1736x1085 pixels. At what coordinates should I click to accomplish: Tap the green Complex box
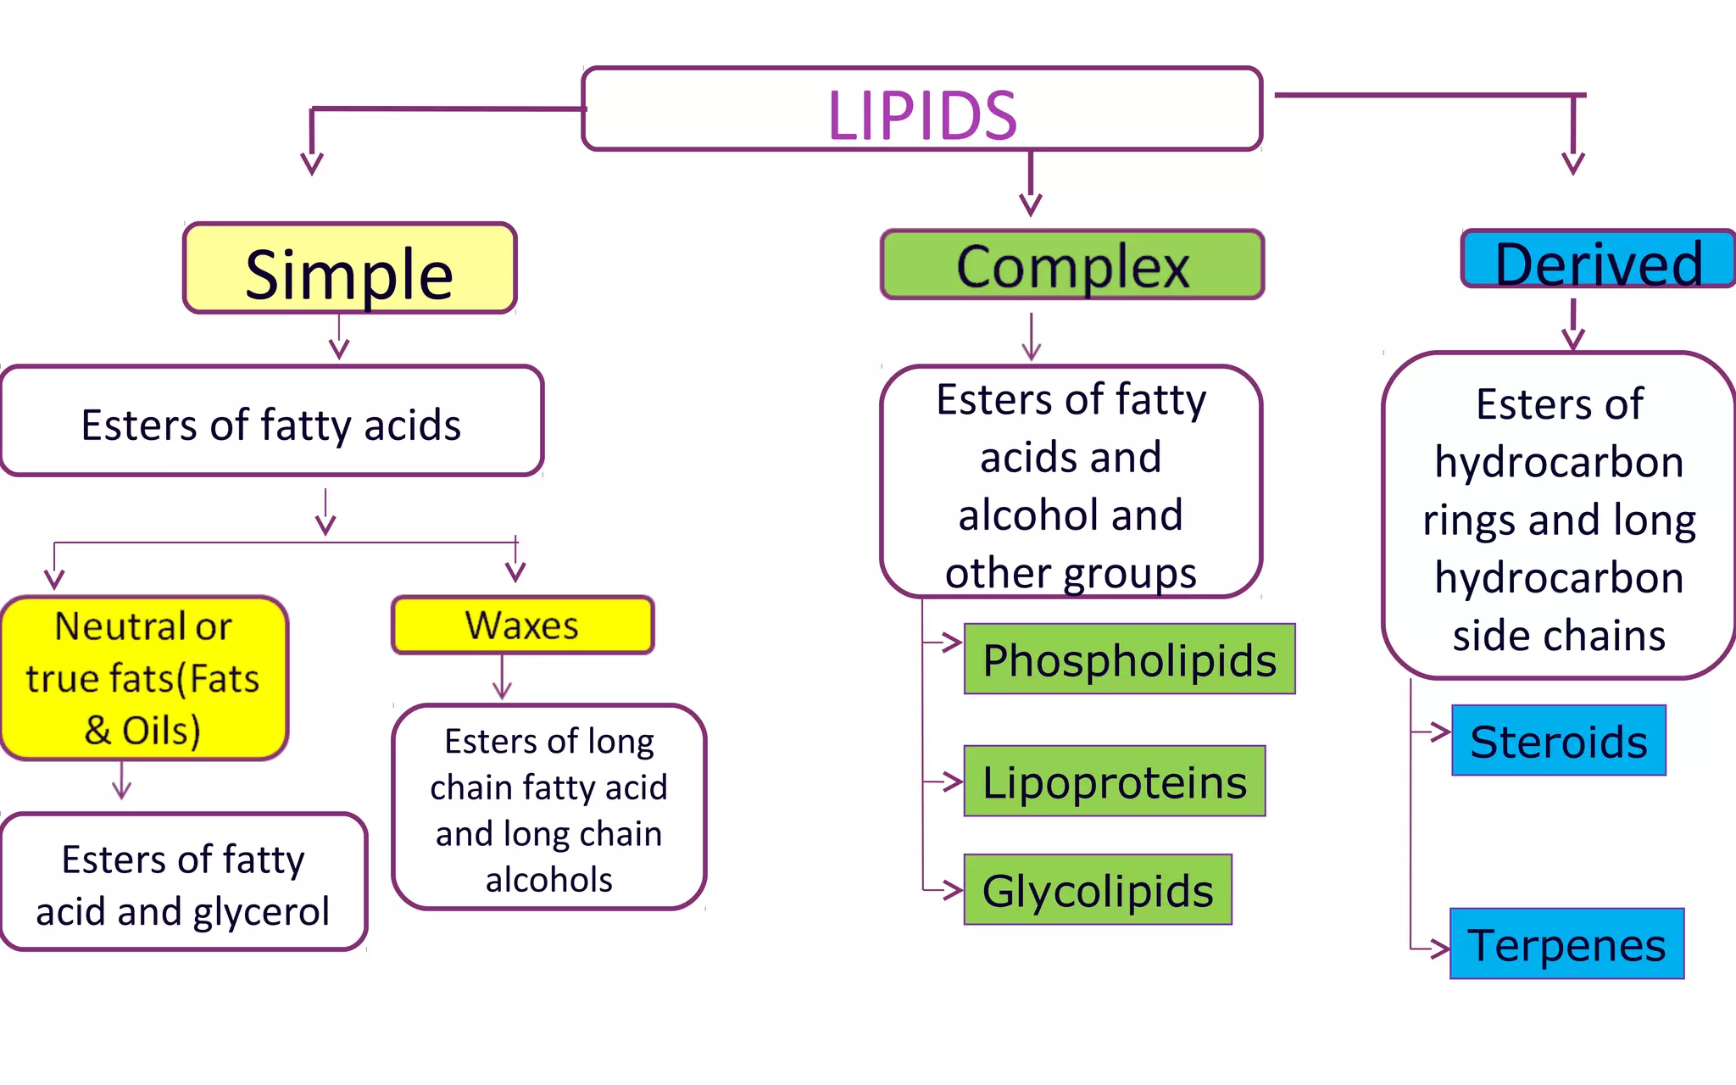(x=1072, y=265)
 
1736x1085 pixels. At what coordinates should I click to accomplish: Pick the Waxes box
(x=522, y=626)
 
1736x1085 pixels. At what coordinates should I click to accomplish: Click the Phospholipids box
(x=1129, y=659)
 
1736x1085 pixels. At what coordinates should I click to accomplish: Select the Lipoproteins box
(x=1114, y=782)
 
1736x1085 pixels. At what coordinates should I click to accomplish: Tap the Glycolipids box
(x=1098, y=890)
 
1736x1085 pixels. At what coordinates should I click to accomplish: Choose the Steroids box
(x=1558, y=741)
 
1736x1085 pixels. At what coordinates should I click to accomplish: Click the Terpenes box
(x=1566, y=944)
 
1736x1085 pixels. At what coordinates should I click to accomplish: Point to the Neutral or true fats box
(x=144, y=678)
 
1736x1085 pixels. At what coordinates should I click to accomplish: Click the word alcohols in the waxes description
(x=548, y=880)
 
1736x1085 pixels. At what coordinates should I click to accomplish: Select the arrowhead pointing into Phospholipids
(x=953, y=643)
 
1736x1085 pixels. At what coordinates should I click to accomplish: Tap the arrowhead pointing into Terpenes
(x=1440, y=949)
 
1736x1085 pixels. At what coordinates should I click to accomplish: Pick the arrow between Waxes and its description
(x=502, y=678)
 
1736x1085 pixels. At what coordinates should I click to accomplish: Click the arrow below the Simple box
(x=339, y=337)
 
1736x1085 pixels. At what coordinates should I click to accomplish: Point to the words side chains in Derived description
(x=1559, y=636)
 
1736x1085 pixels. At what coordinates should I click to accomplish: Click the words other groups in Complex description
(x=1071, y=574)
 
